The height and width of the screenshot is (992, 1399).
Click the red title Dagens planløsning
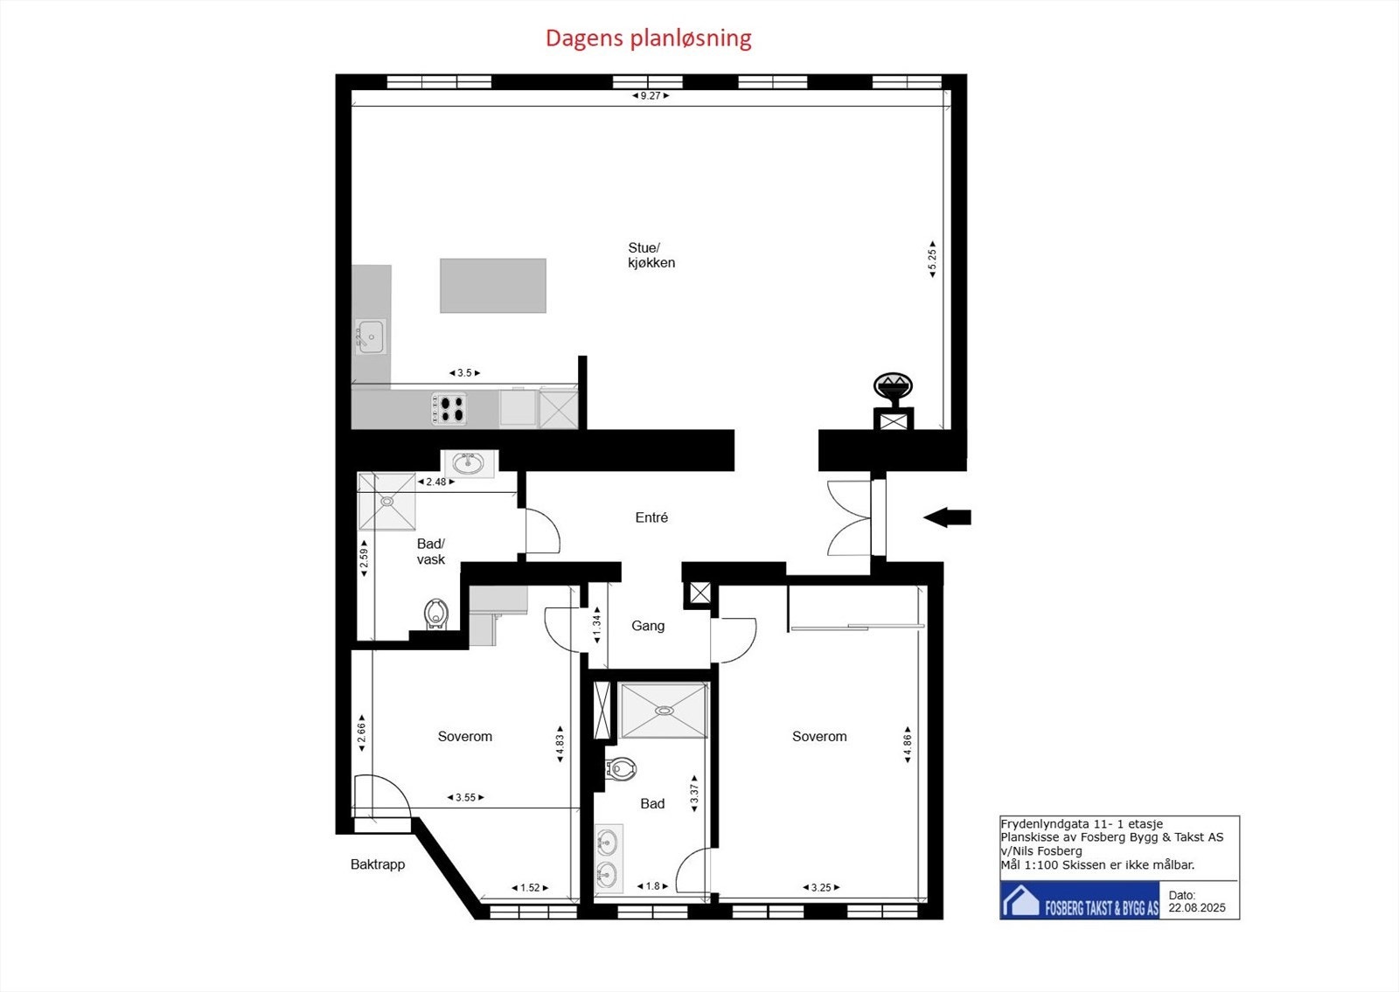(648, 38)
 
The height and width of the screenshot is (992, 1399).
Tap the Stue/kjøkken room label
(651, 255)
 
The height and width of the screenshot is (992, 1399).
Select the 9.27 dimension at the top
(651, 95)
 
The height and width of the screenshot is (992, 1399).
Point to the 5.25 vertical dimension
(932, 259)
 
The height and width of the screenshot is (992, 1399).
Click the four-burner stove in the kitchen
(449, 409)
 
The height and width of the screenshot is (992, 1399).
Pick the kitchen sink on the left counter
(371, 336)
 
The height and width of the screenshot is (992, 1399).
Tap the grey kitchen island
(493, 286)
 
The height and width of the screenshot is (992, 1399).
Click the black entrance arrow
(947, 517)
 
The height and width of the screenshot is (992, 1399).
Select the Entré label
(651, 517)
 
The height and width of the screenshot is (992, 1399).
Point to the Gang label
(648, 626)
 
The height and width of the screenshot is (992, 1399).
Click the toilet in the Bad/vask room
(436, 614)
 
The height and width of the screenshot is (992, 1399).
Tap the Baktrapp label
(377, 864)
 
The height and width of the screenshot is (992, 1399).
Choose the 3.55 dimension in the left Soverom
(465, 797)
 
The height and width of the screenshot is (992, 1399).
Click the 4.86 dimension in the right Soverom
(908, 745)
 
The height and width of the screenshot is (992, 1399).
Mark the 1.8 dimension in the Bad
(652, 886)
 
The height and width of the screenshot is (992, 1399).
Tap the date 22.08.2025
(1197, 908)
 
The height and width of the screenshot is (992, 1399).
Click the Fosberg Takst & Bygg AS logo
(1079, 900)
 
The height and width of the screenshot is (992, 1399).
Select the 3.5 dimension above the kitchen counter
(464, 372)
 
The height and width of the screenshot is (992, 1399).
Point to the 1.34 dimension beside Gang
(597, 625)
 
